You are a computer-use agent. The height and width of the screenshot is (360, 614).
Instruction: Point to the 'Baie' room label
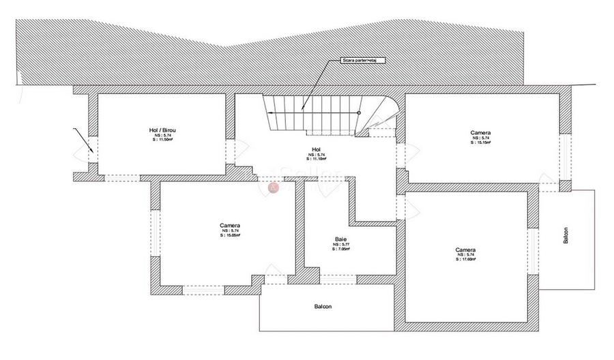[x=341, y=239]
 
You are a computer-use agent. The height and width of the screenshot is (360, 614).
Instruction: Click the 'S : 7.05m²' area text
[x=341, y=249]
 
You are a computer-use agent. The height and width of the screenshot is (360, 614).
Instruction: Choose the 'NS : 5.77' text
[x=341, y=244]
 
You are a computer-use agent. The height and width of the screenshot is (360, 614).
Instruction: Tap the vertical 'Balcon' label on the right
[x=566, y=235]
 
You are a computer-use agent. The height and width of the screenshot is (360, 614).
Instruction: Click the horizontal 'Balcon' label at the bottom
[x=323, y=307]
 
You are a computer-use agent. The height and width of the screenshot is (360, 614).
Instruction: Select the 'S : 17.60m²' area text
[x=466, y=260]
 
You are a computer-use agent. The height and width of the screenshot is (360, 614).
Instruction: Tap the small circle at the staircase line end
[x=359, y=112]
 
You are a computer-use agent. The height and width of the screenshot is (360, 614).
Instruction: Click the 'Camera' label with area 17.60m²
[x=466, y=250]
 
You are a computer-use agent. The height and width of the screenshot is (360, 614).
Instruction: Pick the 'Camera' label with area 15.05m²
[x=230, y=225]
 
